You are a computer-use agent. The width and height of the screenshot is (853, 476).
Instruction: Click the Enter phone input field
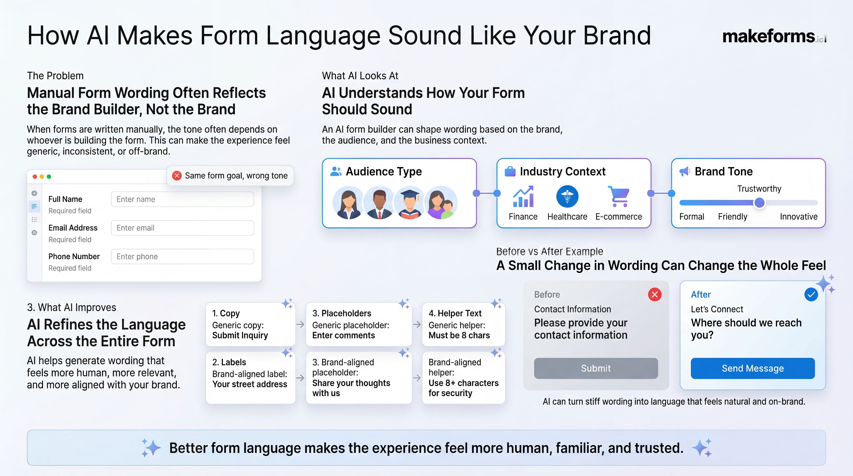click(x=182, y=257)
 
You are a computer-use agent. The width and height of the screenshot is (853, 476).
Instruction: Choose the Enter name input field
click(x=182, y=199)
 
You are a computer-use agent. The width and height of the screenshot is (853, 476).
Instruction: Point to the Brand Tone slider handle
click(x=759, y=203)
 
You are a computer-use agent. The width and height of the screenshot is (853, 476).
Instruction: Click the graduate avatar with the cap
click(x=410, y=203)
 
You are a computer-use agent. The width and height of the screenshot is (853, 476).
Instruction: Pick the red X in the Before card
click(x=655, y=294)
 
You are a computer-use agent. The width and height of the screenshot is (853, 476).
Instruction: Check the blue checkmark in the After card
click(x=811, y=294)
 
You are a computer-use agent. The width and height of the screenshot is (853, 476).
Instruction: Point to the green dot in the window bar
click(x=49, y=176)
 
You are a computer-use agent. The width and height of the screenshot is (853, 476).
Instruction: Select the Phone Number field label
click(x=74, y=257)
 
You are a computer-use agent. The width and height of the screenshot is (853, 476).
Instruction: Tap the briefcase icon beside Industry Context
click(x=510, y=172)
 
